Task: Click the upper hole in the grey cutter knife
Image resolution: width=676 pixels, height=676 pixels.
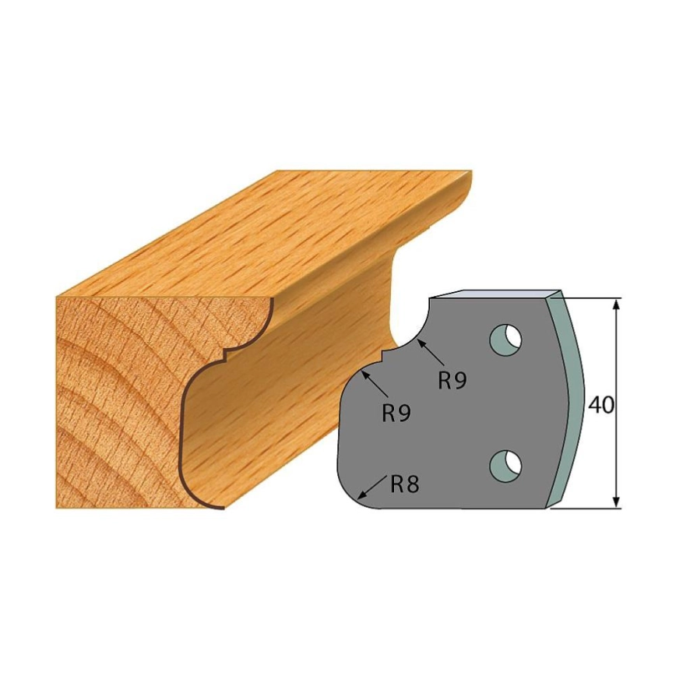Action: click(505, 340)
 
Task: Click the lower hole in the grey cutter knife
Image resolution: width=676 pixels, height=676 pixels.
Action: click(506, 466)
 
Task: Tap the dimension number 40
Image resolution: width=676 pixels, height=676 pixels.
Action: click(601, 405)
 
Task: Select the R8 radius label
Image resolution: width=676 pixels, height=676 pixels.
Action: click(404, 484)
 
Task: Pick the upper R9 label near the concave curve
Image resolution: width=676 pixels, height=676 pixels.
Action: click(452, 380)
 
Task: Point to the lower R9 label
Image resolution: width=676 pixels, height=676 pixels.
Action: click(396, 414)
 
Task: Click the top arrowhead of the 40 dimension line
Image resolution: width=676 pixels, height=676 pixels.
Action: click(617, 305)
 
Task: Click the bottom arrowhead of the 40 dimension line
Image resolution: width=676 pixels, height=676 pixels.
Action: click(617, 502)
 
